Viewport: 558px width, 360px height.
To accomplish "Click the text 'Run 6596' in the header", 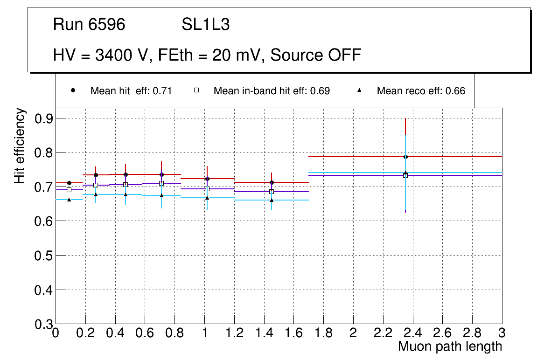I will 89,25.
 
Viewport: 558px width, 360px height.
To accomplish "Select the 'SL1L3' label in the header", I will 205,25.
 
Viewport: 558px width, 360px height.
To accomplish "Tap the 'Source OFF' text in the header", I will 316,55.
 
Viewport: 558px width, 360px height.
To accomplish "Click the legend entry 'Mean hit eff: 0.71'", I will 131,91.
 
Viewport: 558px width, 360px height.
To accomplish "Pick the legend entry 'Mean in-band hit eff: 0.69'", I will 272,91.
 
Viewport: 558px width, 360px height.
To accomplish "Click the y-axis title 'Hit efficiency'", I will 20,145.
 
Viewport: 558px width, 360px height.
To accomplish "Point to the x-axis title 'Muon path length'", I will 450,346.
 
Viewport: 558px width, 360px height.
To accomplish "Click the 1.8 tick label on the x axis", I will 323,332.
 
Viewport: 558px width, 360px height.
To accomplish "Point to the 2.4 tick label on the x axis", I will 412,332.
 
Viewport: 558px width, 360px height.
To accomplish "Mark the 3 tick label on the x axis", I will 502,332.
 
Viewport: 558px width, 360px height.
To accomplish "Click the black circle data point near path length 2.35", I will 405,157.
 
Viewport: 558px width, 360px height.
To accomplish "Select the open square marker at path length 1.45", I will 272,192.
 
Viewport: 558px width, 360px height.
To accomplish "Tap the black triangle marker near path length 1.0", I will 207,198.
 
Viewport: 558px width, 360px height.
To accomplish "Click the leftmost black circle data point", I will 69,183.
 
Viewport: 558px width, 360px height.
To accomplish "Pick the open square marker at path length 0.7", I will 161,183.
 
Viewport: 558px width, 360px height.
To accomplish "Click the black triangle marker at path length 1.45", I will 272,200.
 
